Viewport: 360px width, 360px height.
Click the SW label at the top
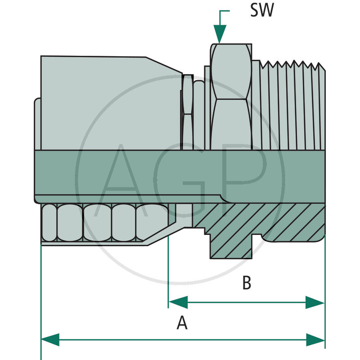coord(261,11)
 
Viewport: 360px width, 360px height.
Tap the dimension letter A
coord(182,323)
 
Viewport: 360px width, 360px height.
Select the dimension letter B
coord(247,283)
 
